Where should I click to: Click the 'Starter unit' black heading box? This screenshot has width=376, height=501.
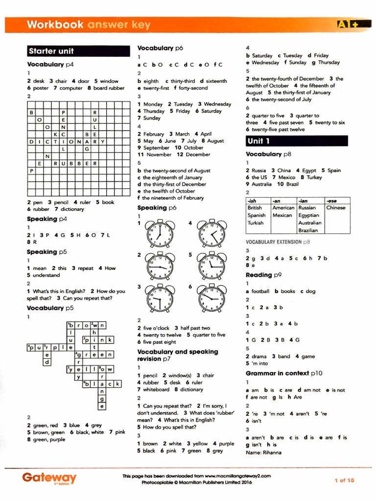(57, 51)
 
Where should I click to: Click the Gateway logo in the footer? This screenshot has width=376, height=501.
(49, 478)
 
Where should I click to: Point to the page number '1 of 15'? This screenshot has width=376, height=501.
(344, 480)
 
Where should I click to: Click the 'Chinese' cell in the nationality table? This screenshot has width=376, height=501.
(336, 208)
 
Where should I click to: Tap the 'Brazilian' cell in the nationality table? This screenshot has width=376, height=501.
(308, 230)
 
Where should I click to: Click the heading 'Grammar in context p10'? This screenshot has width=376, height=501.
(284, 373)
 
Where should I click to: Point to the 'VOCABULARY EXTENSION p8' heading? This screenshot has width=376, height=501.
(278, 242)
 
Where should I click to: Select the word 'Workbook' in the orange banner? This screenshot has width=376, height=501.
(55, 24)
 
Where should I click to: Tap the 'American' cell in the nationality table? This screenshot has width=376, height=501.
(283, 208)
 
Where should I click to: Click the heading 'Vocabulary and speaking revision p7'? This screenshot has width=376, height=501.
(178, 355)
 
